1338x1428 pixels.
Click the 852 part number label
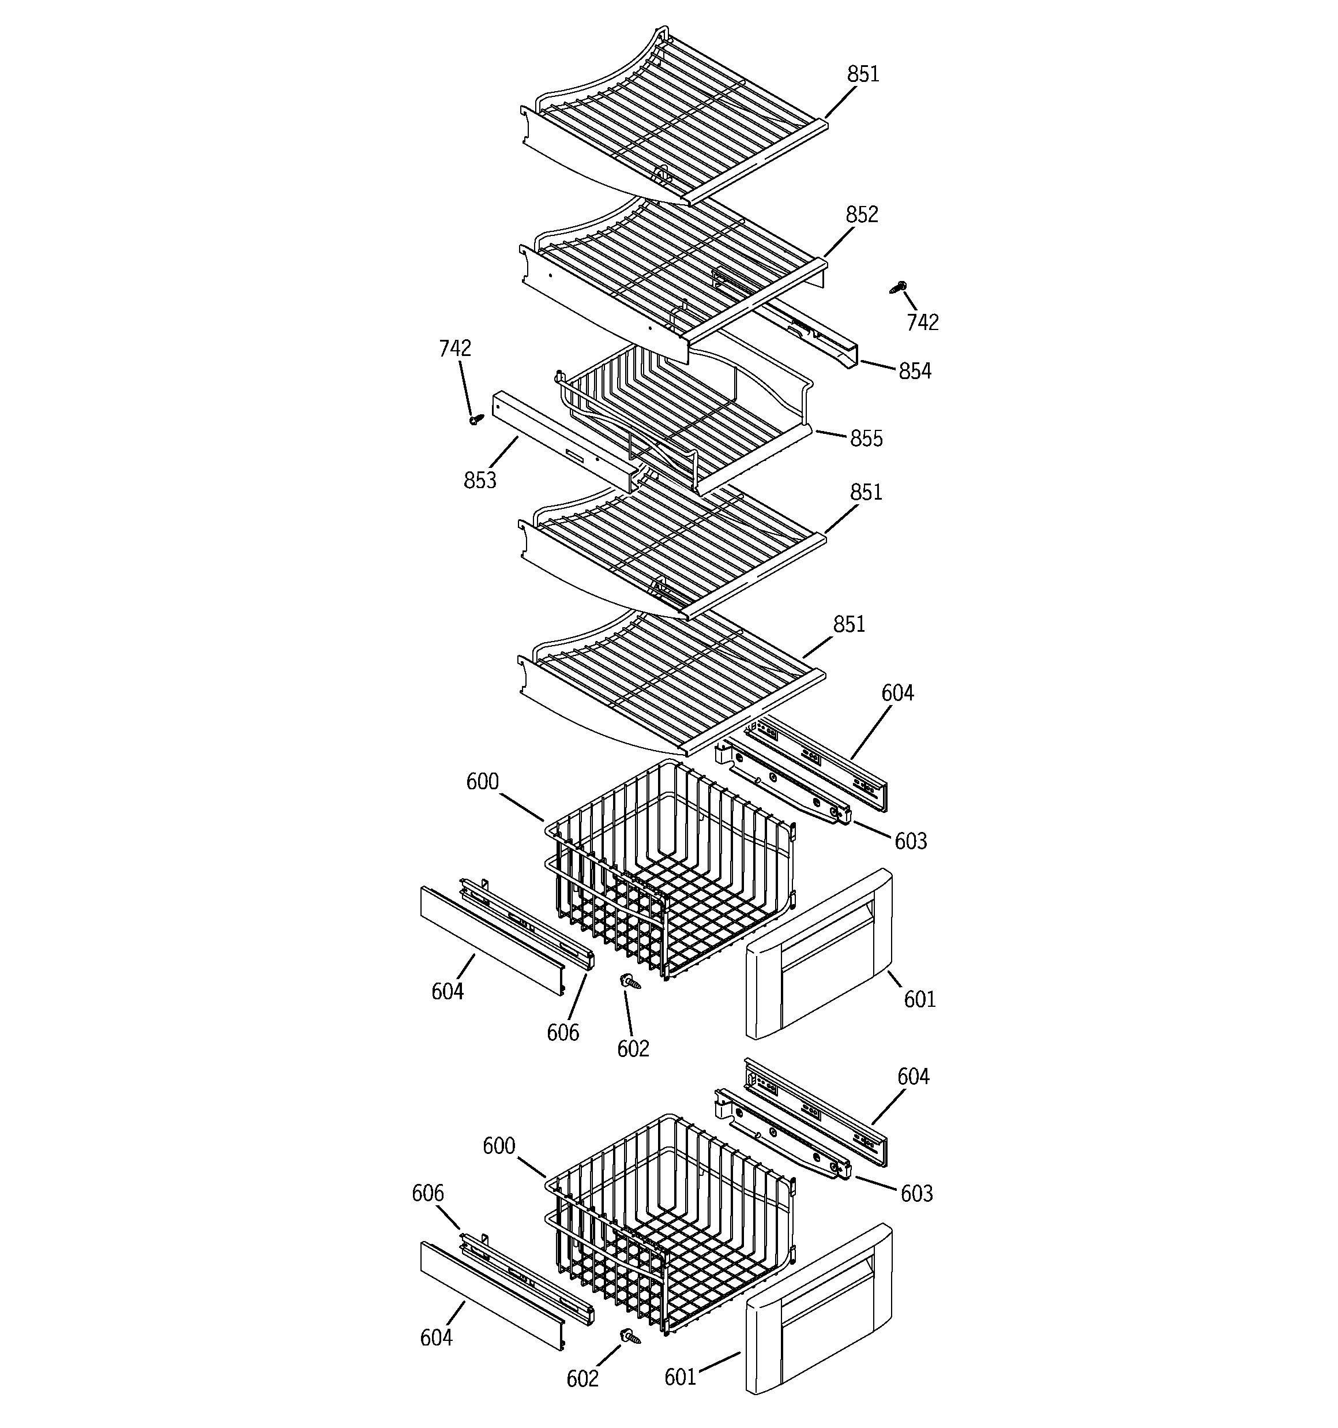861,214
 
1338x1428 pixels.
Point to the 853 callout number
480,480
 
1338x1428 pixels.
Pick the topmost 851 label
863,74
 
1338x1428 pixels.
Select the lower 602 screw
630,1337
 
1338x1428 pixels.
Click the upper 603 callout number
910,841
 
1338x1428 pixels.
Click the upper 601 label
919,999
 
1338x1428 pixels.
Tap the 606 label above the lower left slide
427,1193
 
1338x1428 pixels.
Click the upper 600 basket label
482,782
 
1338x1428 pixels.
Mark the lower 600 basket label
498,1146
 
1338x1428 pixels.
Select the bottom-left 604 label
436,1337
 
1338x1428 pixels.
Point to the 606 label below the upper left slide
562,1032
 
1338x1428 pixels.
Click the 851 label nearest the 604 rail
849,624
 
